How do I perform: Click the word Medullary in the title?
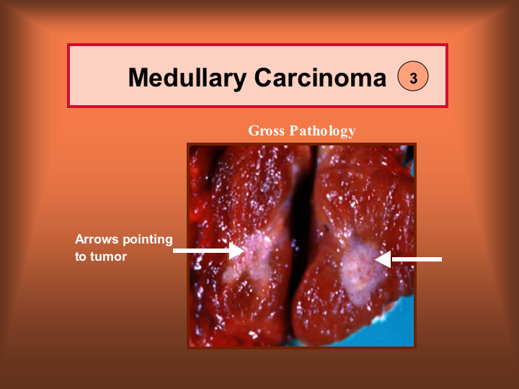pos(187,79)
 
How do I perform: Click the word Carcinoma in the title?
pos(320,78)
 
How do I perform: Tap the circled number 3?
pos(413,76)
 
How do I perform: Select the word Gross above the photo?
pos(267,130)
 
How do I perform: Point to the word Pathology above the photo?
pos(322,131)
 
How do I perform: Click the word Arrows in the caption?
pos(97,239)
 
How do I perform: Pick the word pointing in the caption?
pos(148,240)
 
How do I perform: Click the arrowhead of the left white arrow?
pos(237,251)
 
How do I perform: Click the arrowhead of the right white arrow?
pos(383,259)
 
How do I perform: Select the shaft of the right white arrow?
pos(417,259)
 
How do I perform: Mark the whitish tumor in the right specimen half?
pos(361,269)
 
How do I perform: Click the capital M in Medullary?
pos(138,78)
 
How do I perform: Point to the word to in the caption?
pos(81,256)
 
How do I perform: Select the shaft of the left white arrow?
pos(201,251)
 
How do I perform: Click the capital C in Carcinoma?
pos(263,78)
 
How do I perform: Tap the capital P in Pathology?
pos(293,130)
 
